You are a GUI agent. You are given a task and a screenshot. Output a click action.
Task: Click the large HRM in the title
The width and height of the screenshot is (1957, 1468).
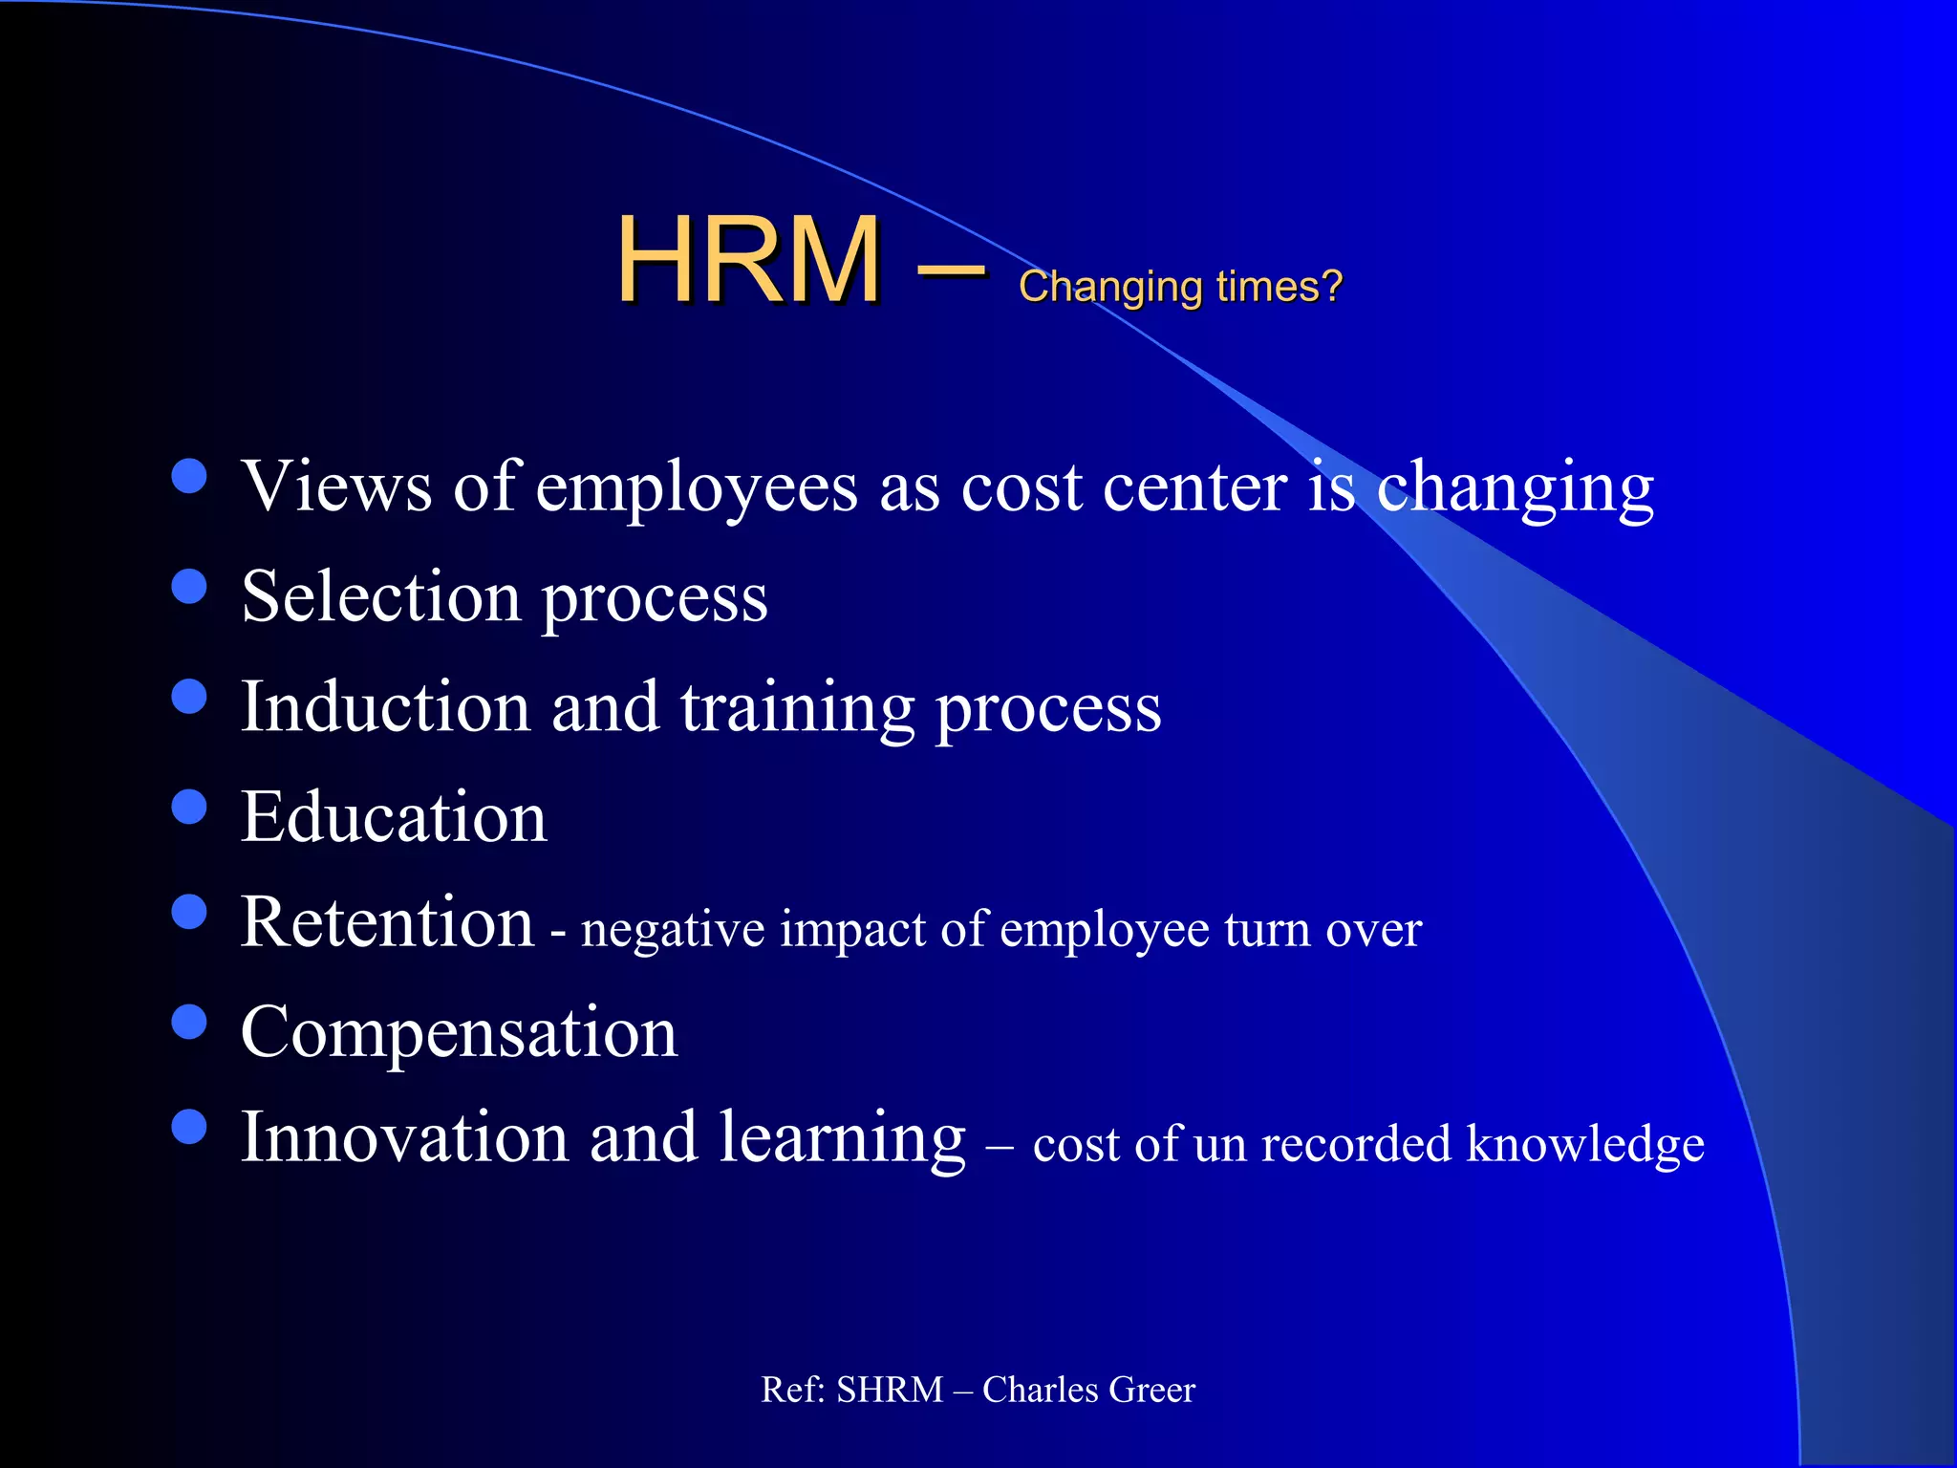coord(748,260)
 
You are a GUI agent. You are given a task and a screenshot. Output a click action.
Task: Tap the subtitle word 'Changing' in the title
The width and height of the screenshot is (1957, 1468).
coord(1109,287)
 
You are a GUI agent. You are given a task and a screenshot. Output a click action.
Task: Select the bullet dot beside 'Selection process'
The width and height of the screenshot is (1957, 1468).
coord(189,586)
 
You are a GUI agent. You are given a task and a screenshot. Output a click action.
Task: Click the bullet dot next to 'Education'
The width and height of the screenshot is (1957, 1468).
coord(189,806)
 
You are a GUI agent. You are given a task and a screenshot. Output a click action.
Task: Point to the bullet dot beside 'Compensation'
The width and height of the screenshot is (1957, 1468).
coord(189,1021)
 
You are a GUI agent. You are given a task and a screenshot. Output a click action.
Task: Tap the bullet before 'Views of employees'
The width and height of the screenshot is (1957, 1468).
coord(189,475)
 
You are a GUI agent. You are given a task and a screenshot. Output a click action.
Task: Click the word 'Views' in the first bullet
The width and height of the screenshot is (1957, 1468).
coord(336,486)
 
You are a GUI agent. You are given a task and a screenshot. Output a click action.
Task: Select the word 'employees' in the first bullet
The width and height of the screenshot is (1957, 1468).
coord(696,490)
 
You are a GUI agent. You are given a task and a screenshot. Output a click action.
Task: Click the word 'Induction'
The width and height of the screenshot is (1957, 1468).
coord(385,707)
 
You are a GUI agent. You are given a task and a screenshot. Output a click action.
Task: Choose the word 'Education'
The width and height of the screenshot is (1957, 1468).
coord(394,817)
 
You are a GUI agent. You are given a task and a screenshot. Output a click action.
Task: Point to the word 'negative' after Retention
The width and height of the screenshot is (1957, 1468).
coord(673,930)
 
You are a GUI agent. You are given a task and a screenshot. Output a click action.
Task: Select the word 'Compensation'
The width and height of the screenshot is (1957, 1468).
coord(459,1034)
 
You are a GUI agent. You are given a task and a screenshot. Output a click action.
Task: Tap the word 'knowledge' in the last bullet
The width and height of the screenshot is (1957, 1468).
coord(1584,1145)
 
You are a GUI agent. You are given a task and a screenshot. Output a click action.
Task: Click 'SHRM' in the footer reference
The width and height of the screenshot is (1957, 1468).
coord(889,1390)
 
